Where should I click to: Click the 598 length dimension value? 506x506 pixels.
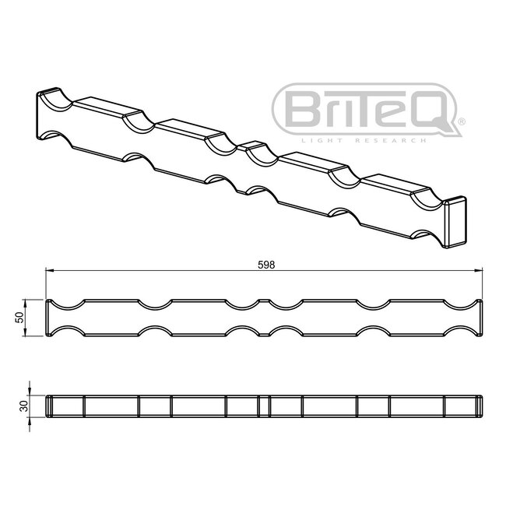click(265, 264)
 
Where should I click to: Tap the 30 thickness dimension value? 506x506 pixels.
click(23, 406)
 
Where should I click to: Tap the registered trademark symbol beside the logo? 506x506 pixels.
click(462, 121)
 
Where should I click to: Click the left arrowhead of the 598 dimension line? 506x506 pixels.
click(49, 271)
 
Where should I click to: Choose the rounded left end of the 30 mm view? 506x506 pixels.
click(49, 406)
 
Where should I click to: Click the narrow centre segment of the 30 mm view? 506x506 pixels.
click(264, 406)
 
